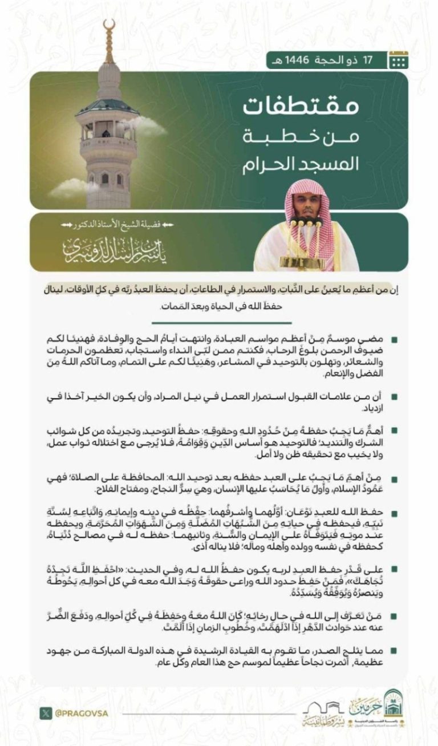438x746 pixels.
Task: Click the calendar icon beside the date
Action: click(398, 59)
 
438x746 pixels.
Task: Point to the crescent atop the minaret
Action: click(109, 26)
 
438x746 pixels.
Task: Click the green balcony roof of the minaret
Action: click(108, 107)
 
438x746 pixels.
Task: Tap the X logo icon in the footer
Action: click(45, 712)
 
